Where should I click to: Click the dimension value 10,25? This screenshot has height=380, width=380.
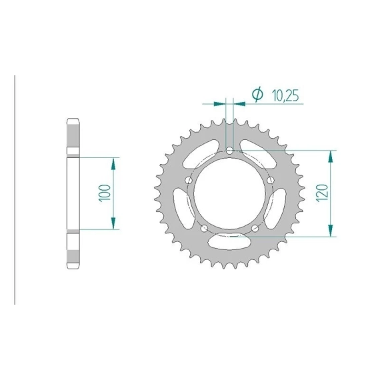click(x=285, y=95)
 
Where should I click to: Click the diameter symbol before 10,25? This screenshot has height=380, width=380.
click(x=257, y=94)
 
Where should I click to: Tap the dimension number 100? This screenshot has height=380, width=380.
click(x=105, y=193)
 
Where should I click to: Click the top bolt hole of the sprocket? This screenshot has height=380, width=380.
click(x=229, y=151)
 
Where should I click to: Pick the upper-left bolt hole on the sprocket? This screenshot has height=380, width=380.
click(x=188, y=180)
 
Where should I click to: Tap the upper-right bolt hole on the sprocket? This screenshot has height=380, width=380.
click(x=271, y=180)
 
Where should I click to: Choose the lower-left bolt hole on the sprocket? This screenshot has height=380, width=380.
click(x=204, y=228)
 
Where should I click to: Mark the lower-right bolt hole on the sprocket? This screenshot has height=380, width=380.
click(x=255, y=228)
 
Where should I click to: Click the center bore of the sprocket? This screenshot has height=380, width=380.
click(x=229, y=193)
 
